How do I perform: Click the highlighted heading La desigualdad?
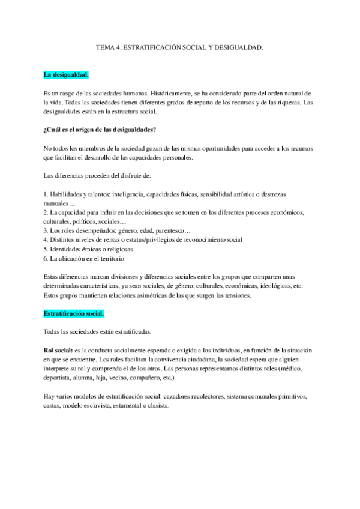point(66,75)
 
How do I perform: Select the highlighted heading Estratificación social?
point(74,313)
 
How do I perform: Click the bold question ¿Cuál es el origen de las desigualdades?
point(100,130)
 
